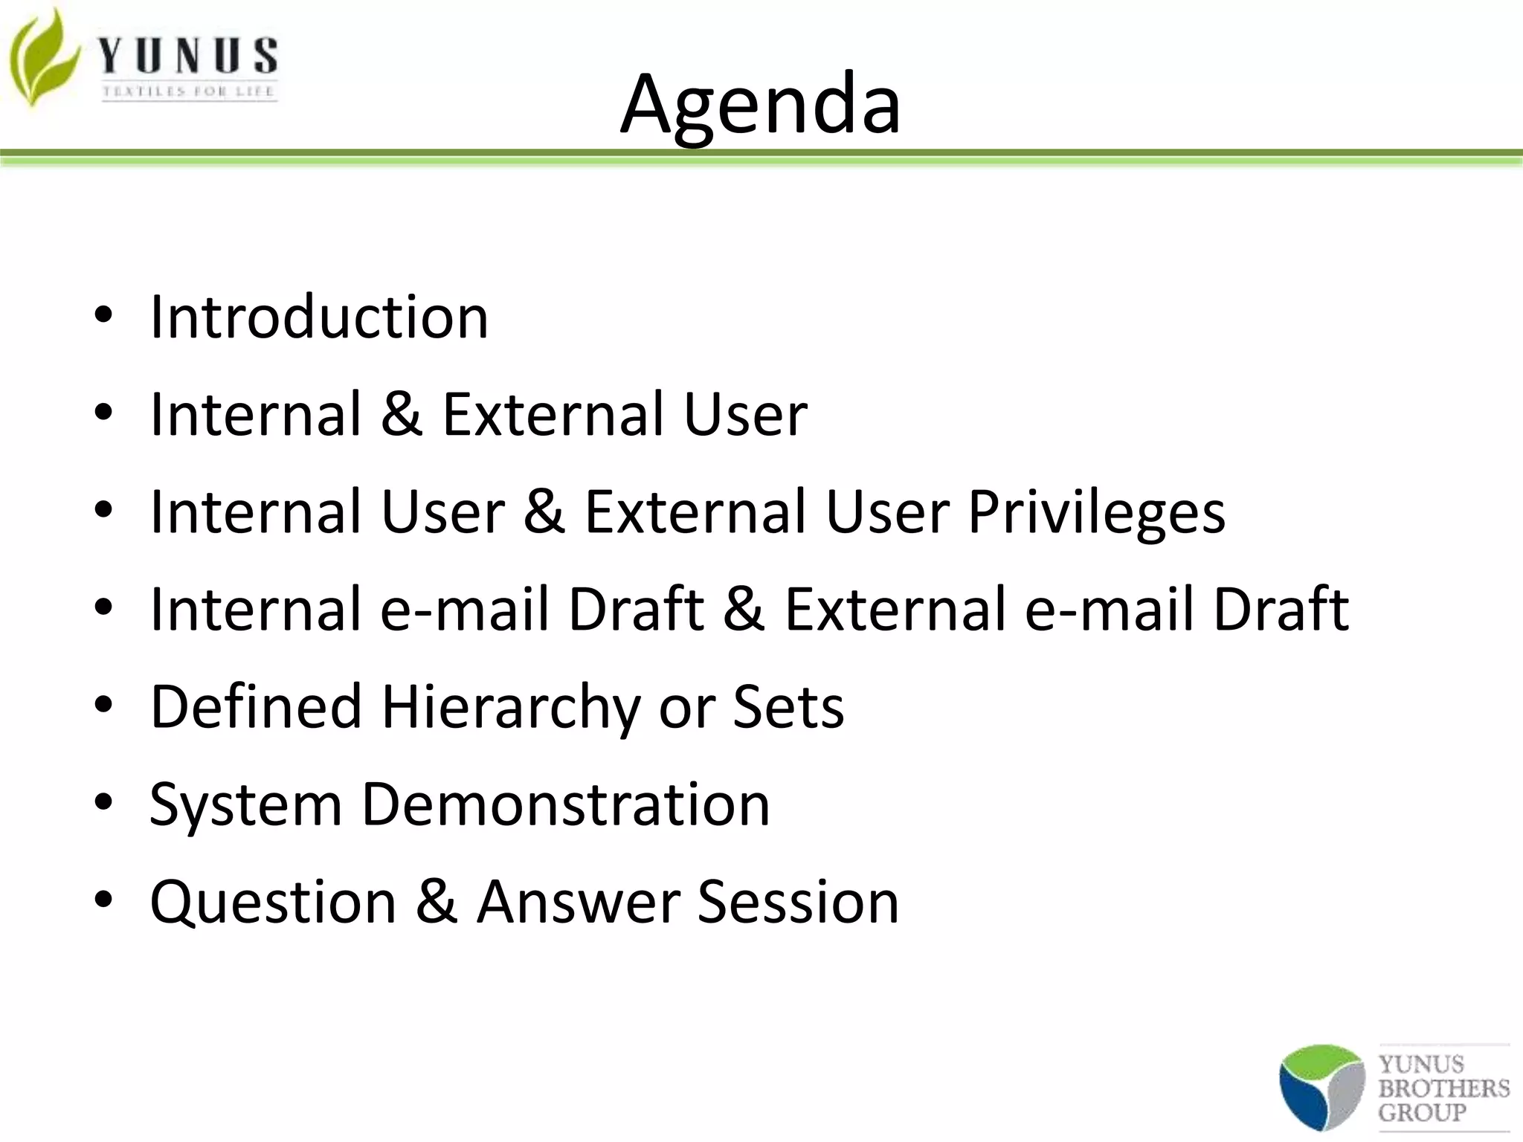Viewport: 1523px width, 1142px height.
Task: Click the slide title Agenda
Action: point(760,106)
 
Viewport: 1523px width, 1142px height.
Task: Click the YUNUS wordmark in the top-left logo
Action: point(188,57)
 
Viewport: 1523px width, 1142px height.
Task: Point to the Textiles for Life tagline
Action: point(189,92)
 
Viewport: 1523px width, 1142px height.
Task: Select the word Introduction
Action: point(319,317)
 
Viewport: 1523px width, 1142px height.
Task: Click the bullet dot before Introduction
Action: point(103,316)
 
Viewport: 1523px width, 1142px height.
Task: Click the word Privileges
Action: point(1096,513)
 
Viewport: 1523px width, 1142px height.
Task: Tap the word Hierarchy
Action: point(510,707)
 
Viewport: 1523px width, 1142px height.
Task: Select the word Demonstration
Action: point(565,804)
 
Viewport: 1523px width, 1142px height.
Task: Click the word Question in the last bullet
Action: point(273,903)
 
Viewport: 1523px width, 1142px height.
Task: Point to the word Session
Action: point(798,902)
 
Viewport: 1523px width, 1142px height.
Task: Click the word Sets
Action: point(788,706)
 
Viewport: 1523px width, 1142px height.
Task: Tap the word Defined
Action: point(255,706)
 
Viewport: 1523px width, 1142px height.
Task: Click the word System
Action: point(245,806)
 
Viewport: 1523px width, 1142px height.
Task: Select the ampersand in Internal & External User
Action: point(402,414)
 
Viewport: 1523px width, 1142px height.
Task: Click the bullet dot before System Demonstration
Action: point(103,804)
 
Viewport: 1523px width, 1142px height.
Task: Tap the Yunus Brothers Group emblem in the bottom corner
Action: point(1321,1086)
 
